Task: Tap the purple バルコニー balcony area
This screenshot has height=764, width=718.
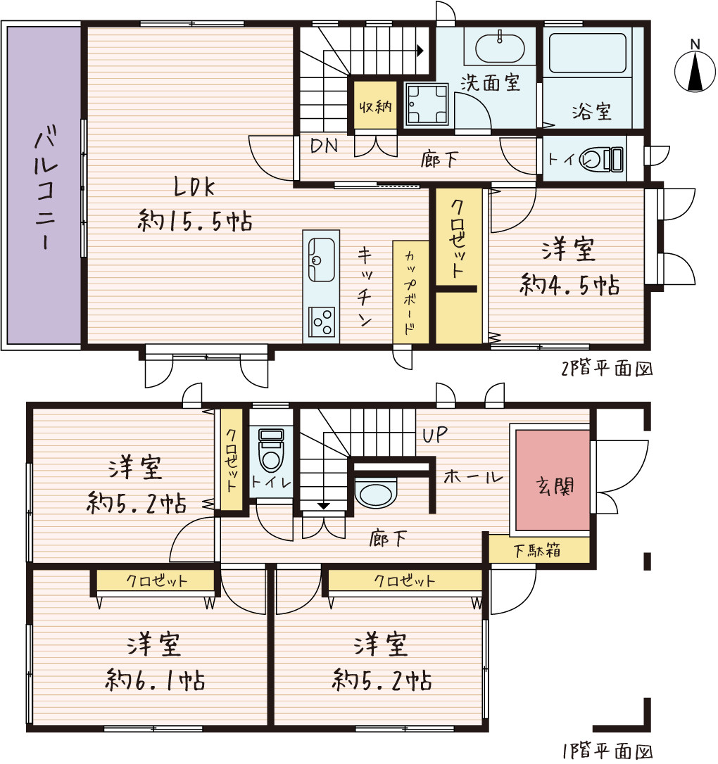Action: tap(44, 185)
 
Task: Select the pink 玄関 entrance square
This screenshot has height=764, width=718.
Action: tap(553, 480)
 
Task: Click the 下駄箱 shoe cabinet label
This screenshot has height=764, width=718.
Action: tap(536, 551)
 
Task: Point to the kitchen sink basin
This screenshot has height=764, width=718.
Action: tap(321, 259)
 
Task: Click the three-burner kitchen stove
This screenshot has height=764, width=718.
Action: tap(321, 321)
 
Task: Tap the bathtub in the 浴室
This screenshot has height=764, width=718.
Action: tap(587, 53)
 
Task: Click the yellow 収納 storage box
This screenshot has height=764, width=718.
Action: tap(375, 106)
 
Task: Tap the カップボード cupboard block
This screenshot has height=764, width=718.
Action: tap(410, 292)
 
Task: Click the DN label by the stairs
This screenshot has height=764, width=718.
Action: tap(324, 145)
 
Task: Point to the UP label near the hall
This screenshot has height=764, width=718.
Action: tap(434, 435)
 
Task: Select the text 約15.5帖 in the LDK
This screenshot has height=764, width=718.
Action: tap(195, 221)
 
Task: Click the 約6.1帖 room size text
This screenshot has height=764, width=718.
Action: tap(155, 680)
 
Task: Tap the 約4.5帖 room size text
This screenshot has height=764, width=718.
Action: tap(569, 284)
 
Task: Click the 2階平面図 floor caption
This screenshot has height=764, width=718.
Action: tap(607, 369)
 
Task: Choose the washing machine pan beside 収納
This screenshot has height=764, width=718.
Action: tap(427, 104)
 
